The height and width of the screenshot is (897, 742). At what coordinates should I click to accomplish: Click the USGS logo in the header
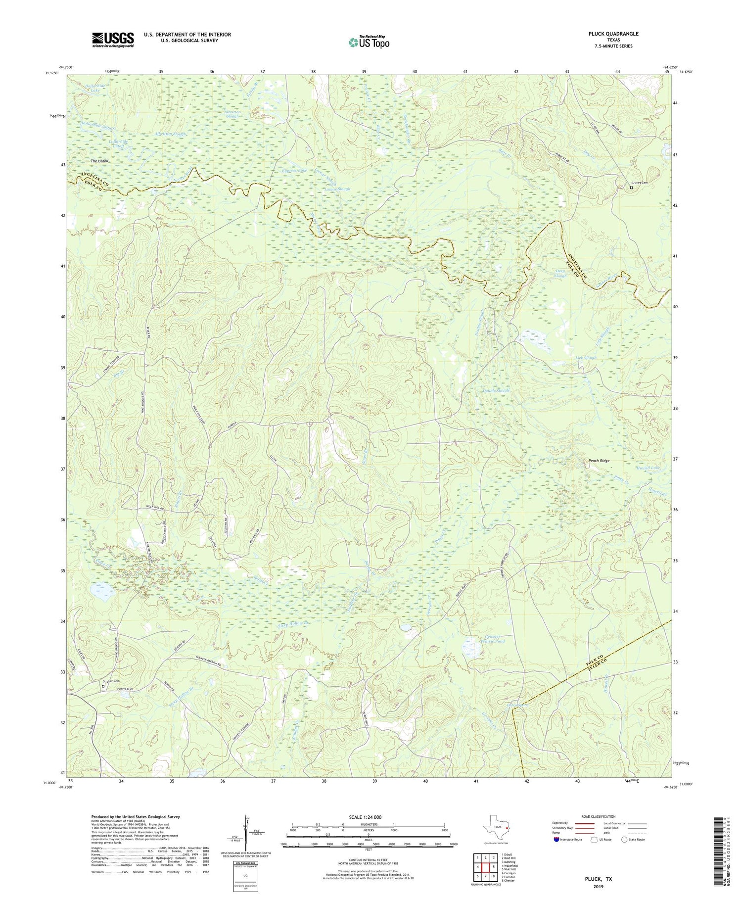click(113, 40)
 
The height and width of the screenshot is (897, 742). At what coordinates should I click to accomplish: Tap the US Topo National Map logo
click(369, 42)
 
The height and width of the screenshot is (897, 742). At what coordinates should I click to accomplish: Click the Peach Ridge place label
click(599, 461)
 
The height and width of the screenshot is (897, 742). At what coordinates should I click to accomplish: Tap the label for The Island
click(99, 161)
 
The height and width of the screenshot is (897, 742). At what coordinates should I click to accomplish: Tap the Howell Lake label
click(649, 468)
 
